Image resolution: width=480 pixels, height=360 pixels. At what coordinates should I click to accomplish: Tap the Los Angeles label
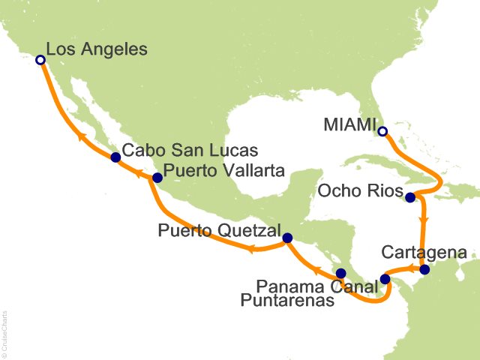coord(97,49)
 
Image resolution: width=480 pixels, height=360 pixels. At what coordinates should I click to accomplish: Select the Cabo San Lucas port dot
coord(115,157)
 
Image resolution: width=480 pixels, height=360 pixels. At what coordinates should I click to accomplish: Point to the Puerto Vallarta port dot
coord(157,178)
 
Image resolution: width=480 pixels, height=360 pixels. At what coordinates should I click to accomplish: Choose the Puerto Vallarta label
coord(223,171)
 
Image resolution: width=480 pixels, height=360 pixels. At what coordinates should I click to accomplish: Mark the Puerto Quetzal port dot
coord(286,238)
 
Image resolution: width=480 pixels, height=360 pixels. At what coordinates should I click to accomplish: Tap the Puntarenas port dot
coord(340,274)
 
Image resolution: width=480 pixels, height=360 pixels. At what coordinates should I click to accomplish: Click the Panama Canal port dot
coord(385,279)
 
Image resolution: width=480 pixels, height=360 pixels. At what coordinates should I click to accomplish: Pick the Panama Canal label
coord(315,285)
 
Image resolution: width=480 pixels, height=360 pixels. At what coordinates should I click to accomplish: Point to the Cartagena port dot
coord(424,269)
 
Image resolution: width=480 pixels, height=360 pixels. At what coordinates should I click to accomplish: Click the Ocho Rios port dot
coord(410,198)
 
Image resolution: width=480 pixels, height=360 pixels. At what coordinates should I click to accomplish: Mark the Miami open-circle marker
coord(382,132)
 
